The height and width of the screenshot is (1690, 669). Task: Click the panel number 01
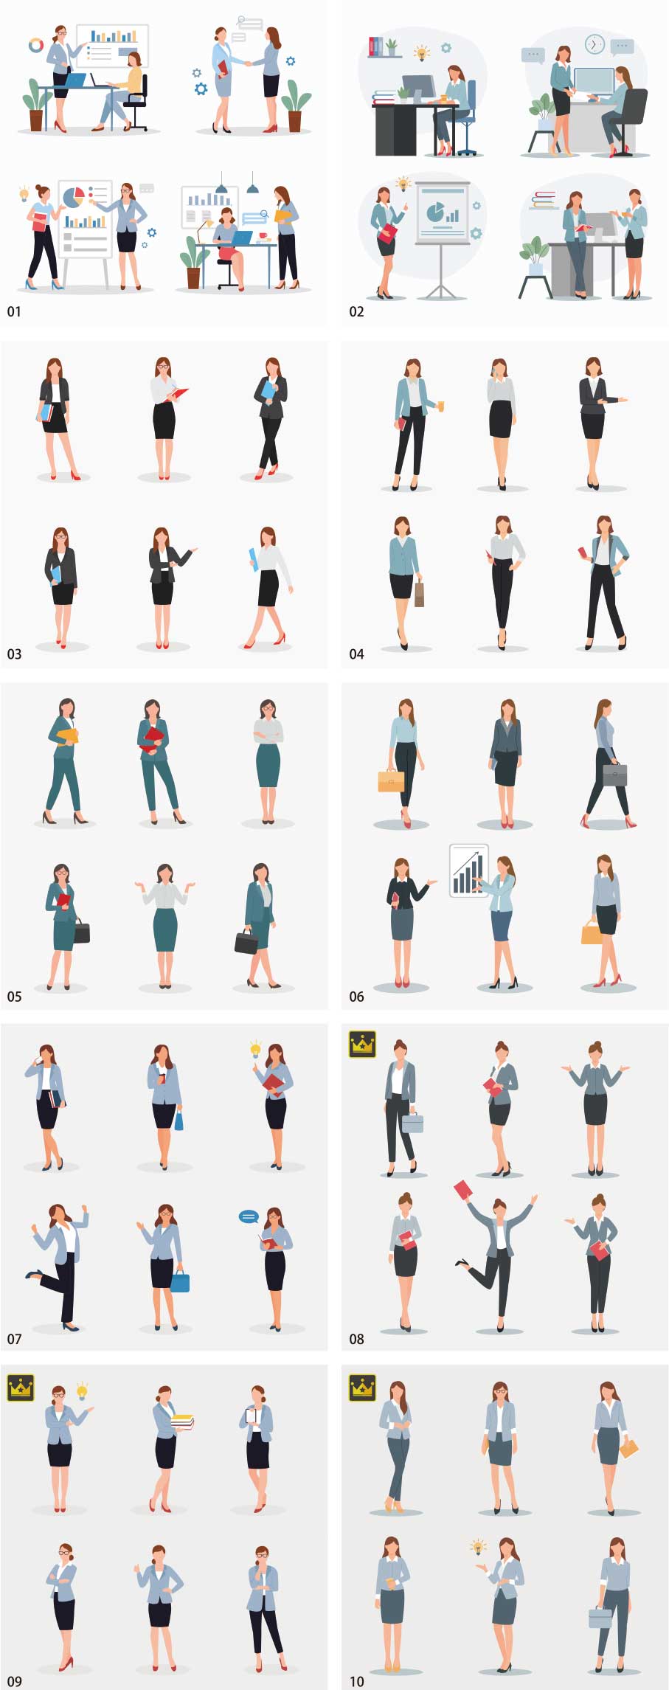click(x=14, y=312)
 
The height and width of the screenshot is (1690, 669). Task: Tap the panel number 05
click(x=14, y=997)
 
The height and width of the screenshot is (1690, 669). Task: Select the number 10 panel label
click(x=356, y=1681)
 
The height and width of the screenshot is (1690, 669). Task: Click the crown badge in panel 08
click(x=362, y=1045)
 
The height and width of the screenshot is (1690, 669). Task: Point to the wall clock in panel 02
click(x=594, y=44)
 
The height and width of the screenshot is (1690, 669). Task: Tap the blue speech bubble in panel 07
click(x=249, y=1216)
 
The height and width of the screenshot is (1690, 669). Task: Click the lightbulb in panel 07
click(x=255, y=1048)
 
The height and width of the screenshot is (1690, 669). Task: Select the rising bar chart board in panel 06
click(x=468, y=870)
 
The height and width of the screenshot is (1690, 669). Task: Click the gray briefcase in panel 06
click(x=614, y=775)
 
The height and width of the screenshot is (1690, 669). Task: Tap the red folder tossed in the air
click(x=463, y=1190)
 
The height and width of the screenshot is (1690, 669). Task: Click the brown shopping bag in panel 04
click(x=419, y=593)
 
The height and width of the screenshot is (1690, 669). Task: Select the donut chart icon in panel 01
click(x=35, y=46)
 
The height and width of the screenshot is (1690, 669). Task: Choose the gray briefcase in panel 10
click(x=600, y=1617)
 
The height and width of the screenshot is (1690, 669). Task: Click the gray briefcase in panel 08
click(x=412, y=1122)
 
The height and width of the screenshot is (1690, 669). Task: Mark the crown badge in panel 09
click(x=20, y=1387)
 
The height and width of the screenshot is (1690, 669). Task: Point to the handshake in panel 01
click(x=248, y=63)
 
